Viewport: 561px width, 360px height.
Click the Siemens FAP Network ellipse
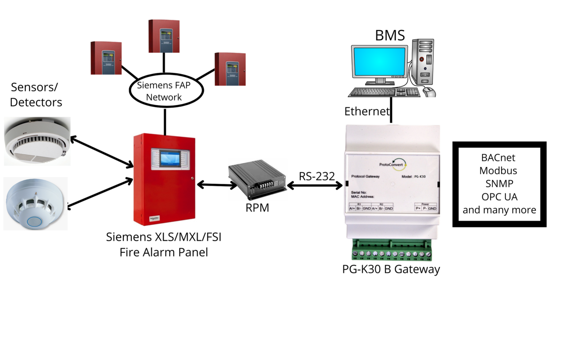point(166,91)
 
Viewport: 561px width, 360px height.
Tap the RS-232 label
point(317,176)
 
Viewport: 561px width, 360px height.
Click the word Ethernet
point(367,111)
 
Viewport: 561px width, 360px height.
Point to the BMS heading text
point(390,35)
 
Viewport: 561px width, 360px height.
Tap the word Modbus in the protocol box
point(498,171)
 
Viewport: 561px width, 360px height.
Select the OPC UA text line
point(499,197)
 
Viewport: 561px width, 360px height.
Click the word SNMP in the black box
point(499,184)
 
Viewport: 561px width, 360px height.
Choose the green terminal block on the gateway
point(392,250)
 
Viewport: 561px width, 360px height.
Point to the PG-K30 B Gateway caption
point(391,269)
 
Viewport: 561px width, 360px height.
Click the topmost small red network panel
point(164,36)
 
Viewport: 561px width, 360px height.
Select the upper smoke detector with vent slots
point(37,141)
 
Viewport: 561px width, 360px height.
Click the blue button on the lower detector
point(35,221)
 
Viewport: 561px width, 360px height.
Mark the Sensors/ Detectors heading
point(35,95)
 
